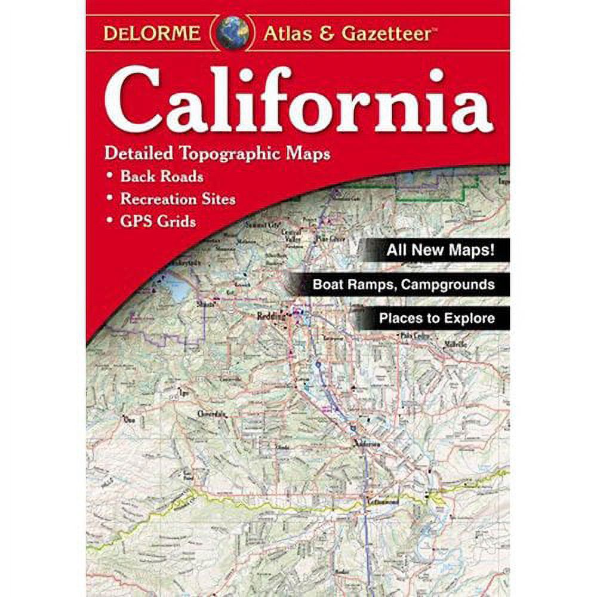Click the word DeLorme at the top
pyautogui.click(x=152, y=33)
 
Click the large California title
pyautogui.click(x=298, y=101)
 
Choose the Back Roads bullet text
pyautogui.click(x=161, y=177)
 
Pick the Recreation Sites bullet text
pyautogui.click(x=178, y=199)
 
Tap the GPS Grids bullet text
pyautogui.click(x=158, y=221)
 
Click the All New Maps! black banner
pyautogui.click(x=439, y=250)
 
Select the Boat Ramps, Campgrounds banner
pyautogui.click(x=404, y=284)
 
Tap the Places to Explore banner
pyautogui.click(x=436, y=318)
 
